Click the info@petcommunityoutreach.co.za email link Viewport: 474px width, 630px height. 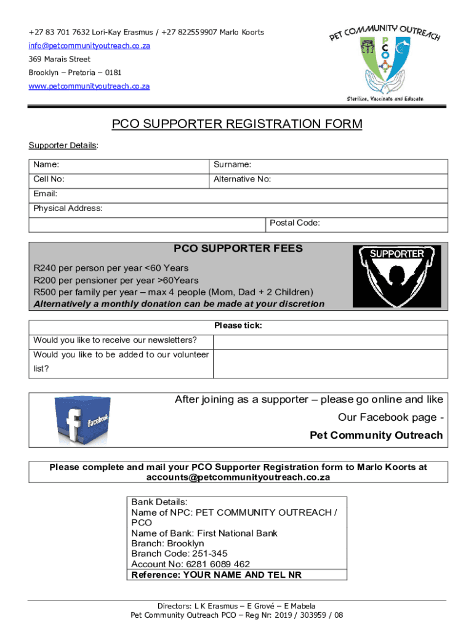point(89,46)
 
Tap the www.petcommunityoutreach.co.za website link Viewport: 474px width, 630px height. point(89,86)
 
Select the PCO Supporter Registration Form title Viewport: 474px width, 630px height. point(237,124)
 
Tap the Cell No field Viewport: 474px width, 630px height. point(135,180)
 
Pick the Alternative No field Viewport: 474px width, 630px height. point(357,180)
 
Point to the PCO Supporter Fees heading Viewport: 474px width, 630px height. point(238,249)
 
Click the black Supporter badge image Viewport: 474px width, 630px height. point(396,276)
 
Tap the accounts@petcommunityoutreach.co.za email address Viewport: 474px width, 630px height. point(238,477)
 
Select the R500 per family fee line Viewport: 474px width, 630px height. point(173,292)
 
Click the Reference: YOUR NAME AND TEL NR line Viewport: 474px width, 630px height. point(216,575)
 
